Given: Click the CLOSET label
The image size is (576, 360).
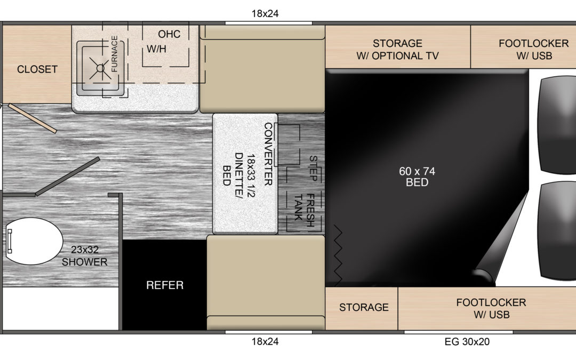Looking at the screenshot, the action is tap(37, 69).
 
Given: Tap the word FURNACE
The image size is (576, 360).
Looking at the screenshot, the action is tap(114, 54).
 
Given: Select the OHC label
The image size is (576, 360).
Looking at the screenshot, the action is tap(169, 34).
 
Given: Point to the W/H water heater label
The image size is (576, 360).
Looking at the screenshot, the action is tap(156, 49).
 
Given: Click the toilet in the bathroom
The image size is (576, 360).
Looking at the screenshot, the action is tap(34, 241).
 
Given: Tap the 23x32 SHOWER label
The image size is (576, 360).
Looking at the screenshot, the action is tap(84, 255).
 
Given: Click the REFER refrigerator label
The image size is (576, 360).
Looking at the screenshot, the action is tap(165, 285).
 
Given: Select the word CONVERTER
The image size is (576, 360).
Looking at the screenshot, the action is tap(268, 154).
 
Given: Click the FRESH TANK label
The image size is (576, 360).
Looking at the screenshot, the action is tap(304, 211).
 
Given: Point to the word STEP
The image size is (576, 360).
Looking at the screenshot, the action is tap(313, 168).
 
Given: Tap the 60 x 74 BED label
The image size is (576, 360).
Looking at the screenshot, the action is tap(417, 177).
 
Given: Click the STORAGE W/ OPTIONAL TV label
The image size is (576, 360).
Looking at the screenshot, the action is tap(397, 50).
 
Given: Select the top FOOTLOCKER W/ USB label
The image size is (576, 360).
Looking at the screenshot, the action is tap(534, 50).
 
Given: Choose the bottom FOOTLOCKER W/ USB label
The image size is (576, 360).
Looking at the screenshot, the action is tap(491, 309).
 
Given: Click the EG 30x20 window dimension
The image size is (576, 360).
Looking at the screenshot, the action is tap(467, 342).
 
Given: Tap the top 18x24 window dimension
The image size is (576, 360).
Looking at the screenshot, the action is tap(265, 13).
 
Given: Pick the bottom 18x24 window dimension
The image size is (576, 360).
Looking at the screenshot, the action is tap(265, 342).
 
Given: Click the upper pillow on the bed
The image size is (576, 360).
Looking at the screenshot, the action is tap(557, 124).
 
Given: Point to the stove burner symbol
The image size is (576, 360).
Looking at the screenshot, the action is tap(100, 68).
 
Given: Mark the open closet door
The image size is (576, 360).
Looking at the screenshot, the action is tap(33, 118).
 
